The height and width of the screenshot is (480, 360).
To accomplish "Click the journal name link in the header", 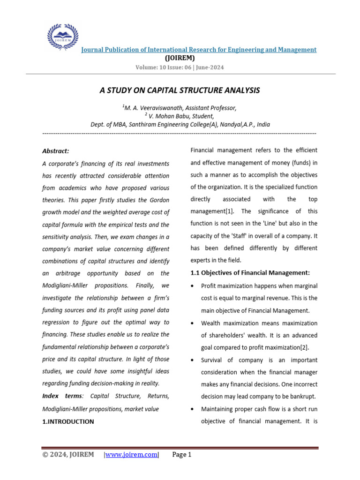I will pos(199,50).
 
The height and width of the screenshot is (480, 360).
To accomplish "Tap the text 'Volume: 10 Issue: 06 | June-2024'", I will pos(180,67).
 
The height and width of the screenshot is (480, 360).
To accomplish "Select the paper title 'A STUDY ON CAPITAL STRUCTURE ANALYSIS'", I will pos(180,90).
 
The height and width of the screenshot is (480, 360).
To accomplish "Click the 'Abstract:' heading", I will pos(56,151).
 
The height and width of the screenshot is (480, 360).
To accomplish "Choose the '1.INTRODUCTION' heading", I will pos(68,421).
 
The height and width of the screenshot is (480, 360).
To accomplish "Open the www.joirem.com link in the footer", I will pos(132,455).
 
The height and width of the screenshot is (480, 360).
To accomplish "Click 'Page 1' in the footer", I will pos(182,455).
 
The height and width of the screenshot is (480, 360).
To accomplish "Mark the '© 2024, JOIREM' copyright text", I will pos(68,455).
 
